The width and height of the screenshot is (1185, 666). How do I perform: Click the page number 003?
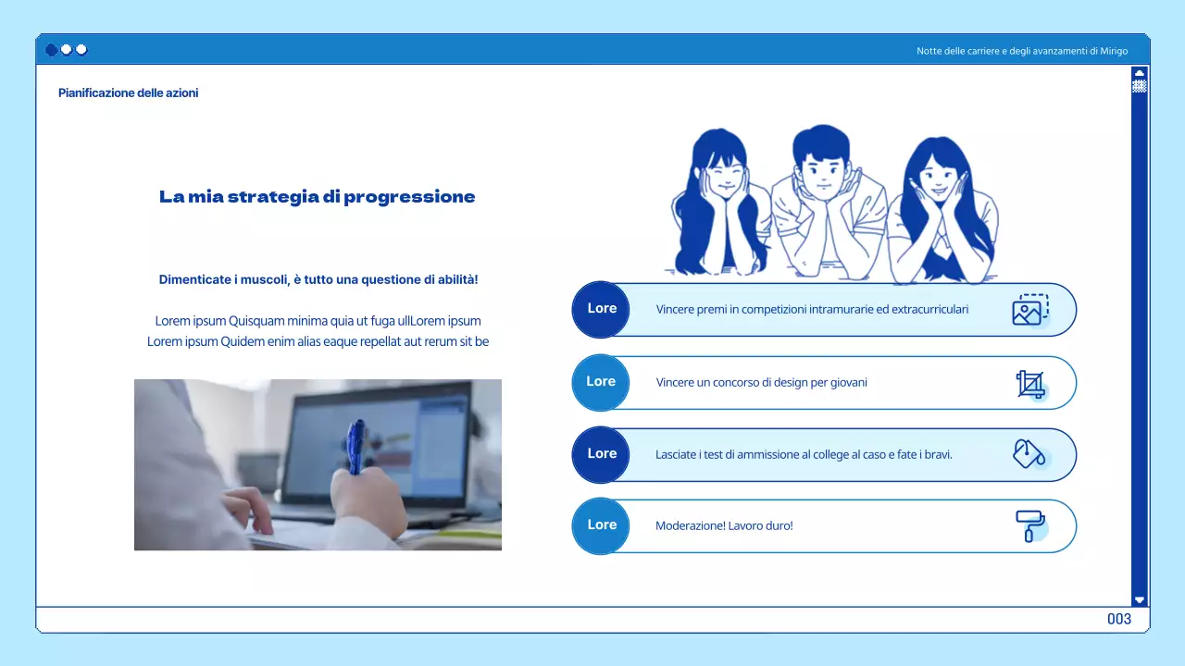1118,619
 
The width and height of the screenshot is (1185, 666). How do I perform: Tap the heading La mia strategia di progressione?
317,196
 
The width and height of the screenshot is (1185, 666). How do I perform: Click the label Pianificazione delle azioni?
128,92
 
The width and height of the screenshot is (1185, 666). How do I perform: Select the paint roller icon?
1029,525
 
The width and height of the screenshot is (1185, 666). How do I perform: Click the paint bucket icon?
1029,453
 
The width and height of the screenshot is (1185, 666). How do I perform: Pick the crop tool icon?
1029,383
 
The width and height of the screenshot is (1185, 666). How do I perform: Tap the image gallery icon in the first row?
1029,310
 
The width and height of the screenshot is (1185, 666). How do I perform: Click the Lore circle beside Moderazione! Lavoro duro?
601,525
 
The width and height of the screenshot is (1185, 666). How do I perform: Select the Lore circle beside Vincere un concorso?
601,382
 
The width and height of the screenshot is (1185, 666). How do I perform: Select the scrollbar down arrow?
1139,599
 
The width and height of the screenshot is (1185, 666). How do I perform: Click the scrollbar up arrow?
1139,73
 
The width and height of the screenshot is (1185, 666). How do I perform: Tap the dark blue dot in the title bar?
52,50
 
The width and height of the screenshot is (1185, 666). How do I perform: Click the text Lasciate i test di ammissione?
731,454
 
